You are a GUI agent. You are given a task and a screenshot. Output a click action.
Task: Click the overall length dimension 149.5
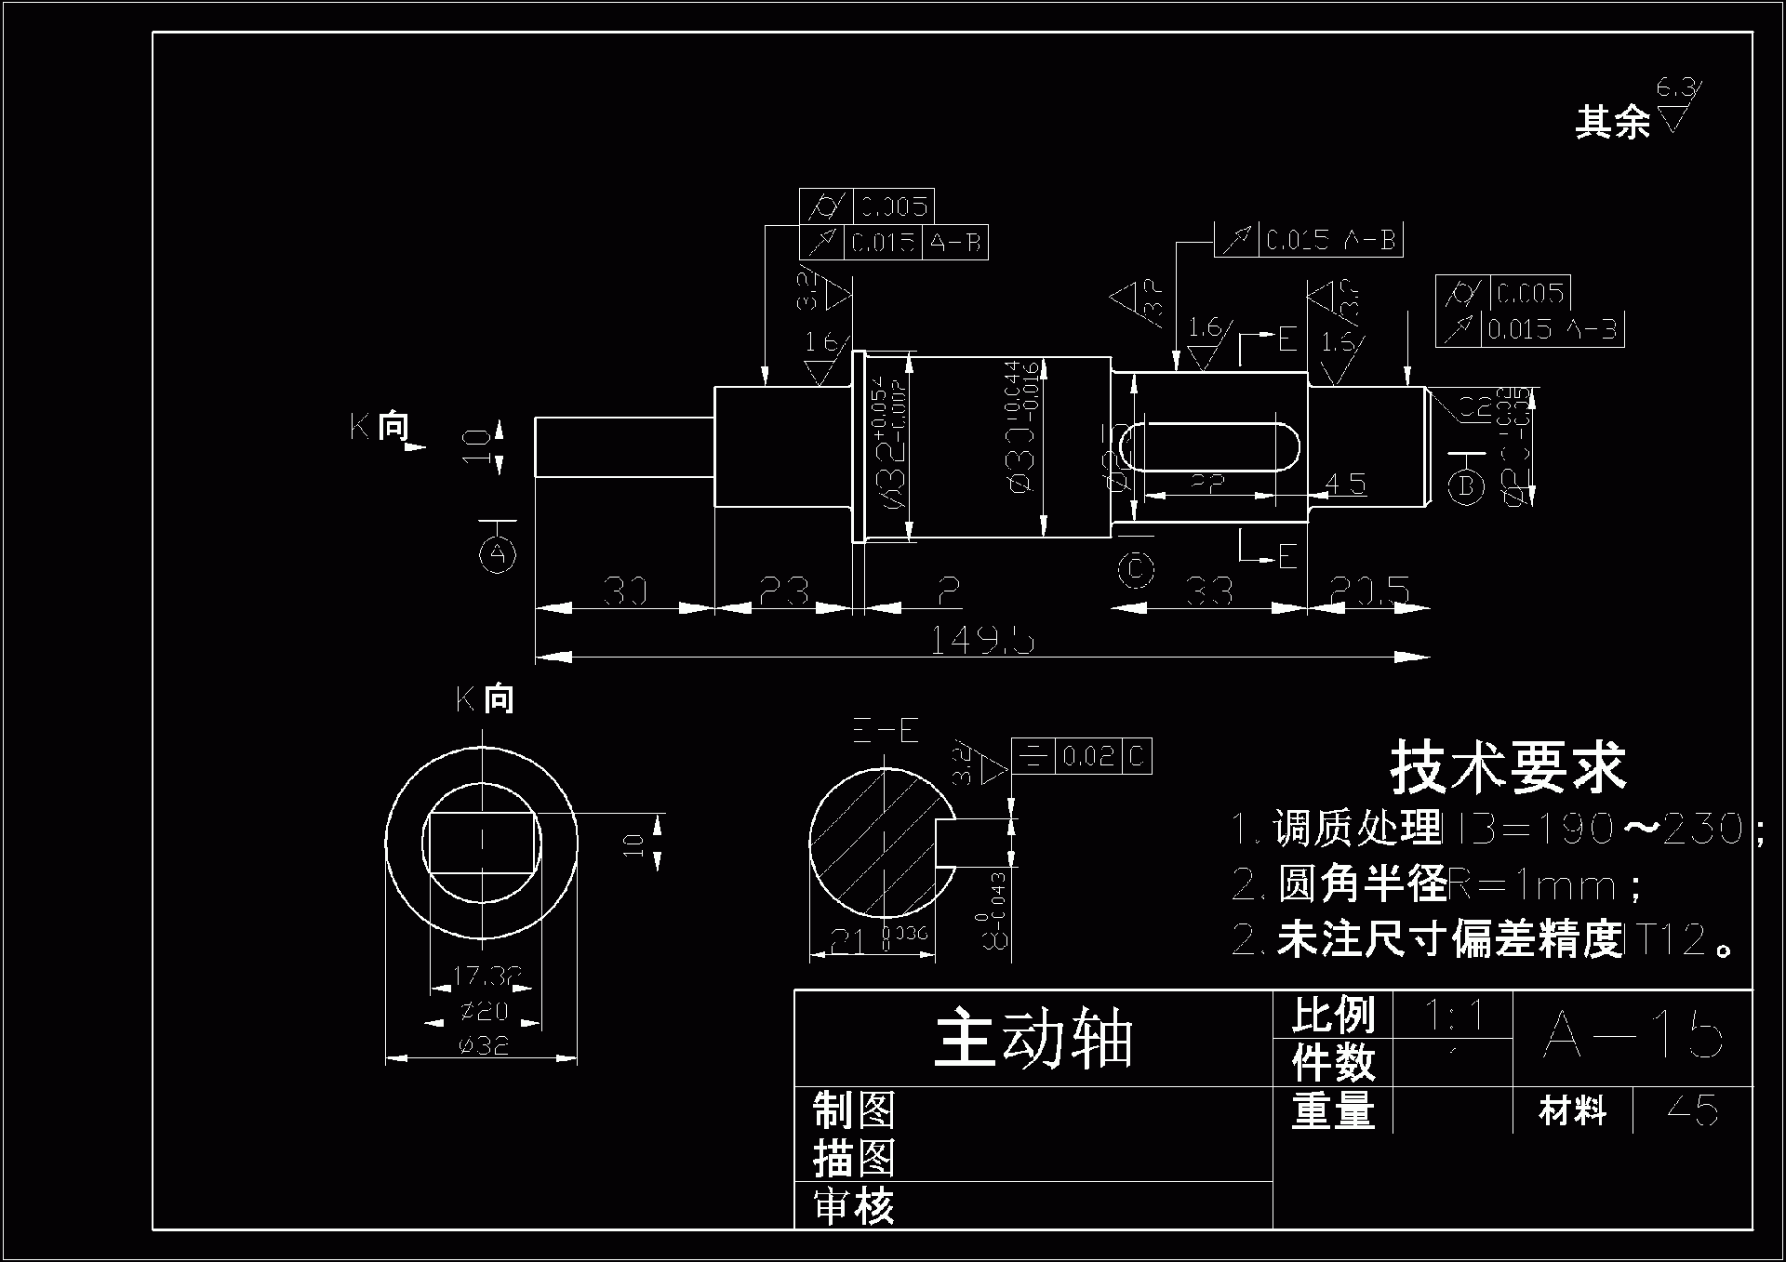(982, 640)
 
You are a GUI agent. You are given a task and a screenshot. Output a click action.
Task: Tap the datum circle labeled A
(498, 555)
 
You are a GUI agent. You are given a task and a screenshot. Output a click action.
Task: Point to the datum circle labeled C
(1136, 569)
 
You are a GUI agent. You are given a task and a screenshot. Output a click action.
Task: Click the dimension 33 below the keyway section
(1209, 591)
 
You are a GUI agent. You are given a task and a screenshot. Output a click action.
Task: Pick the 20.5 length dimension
(1369, 591)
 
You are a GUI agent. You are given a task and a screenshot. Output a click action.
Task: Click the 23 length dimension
(783, 591)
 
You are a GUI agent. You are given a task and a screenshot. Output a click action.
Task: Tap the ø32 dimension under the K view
(484, 1045)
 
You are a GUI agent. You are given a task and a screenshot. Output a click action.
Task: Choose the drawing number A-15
(1633, 1034)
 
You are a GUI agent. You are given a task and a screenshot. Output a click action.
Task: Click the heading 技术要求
(1507, 768)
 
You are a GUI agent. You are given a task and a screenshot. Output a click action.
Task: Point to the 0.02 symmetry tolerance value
(1088, 756)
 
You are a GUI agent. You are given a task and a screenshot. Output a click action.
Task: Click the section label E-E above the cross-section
(886, 731)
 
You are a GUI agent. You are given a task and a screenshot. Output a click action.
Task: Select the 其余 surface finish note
(1612, 122)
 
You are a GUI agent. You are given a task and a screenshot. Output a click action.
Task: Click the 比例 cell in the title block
(1332, 1015)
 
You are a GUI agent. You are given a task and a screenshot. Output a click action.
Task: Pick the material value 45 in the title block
(1693, 1109)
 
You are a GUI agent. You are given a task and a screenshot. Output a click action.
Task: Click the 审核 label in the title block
(853, 1207)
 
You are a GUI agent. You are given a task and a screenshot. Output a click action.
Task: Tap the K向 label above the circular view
(485, 698)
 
